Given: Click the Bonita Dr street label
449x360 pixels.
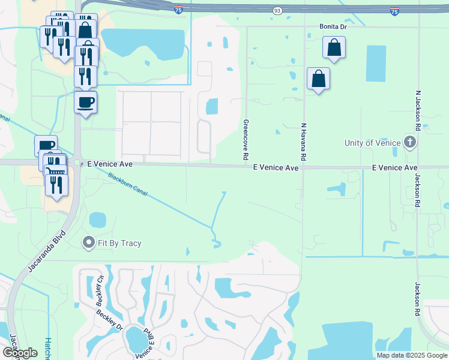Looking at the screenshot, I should tap(333, 27).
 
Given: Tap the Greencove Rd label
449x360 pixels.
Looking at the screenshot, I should tap(246, 139).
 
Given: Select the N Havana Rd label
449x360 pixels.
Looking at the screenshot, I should tap(304, 142).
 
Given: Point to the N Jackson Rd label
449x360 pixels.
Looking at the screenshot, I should tap(417, 112).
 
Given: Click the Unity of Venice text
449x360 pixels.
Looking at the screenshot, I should tap(372, 143).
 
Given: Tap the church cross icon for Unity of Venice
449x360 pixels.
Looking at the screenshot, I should tap(410, 143).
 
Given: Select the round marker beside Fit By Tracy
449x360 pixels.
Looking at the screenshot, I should tap(89, 242).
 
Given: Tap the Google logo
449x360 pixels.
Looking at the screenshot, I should tap(20, 353).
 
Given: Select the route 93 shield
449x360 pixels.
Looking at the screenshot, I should tap(277, 11).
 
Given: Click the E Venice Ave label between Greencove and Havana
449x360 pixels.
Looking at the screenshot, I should tap(276, 168).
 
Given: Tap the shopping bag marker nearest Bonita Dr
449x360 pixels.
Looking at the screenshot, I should tap(334, 47).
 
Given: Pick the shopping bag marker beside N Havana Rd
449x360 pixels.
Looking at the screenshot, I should tap(318, 78).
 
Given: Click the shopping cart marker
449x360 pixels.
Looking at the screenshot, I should tap(55, 173).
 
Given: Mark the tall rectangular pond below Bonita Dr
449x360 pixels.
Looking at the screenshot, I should tap(376, 64).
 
